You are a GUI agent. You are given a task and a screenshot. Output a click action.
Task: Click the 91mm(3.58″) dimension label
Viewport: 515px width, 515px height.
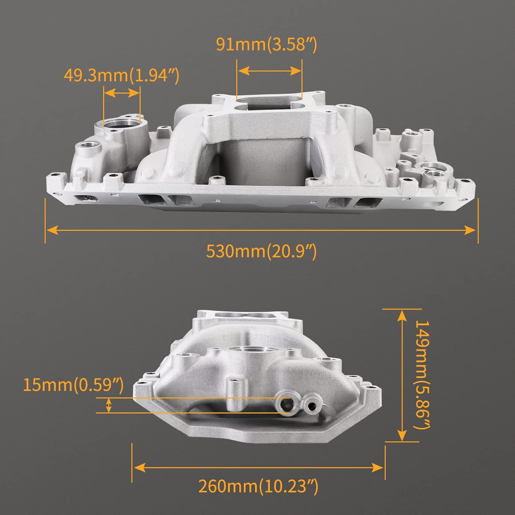pos(266,44)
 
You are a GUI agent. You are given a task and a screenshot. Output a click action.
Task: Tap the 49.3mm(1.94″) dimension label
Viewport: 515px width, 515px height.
pos(122,75)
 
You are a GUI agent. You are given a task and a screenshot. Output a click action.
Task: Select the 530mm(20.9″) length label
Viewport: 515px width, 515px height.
pos(261,251)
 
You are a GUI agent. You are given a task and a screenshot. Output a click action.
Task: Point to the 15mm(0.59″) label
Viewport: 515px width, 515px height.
pos(73,385)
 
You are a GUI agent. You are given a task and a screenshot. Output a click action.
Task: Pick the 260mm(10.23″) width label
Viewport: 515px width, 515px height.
pos(258,486)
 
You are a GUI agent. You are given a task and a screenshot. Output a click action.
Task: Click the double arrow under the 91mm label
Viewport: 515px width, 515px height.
pos(269,71)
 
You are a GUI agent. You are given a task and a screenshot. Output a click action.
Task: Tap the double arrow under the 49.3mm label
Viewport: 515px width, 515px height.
pos(122,93)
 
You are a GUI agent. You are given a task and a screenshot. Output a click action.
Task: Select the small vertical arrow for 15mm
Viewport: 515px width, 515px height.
pos(109,405)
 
